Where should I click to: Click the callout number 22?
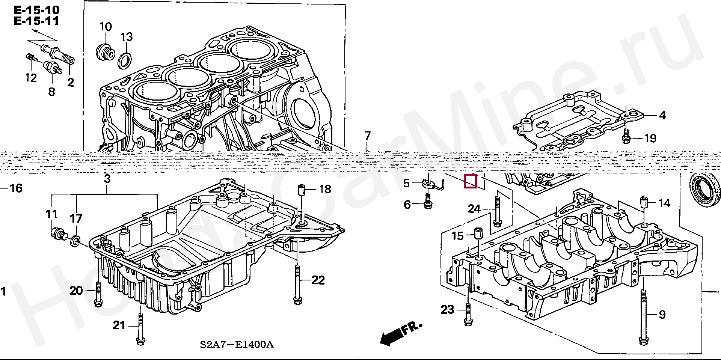[x=318, y=280]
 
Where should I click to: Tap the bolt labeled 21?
[x=140, y=329]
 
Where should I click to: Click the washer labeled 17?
[x=75, y=241]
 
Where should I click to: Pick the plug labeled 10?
[x=104, y=52]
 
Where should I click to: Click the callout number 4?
[x=662, y=116]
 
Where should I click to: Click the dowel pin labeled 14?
[x=644, y=203]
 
